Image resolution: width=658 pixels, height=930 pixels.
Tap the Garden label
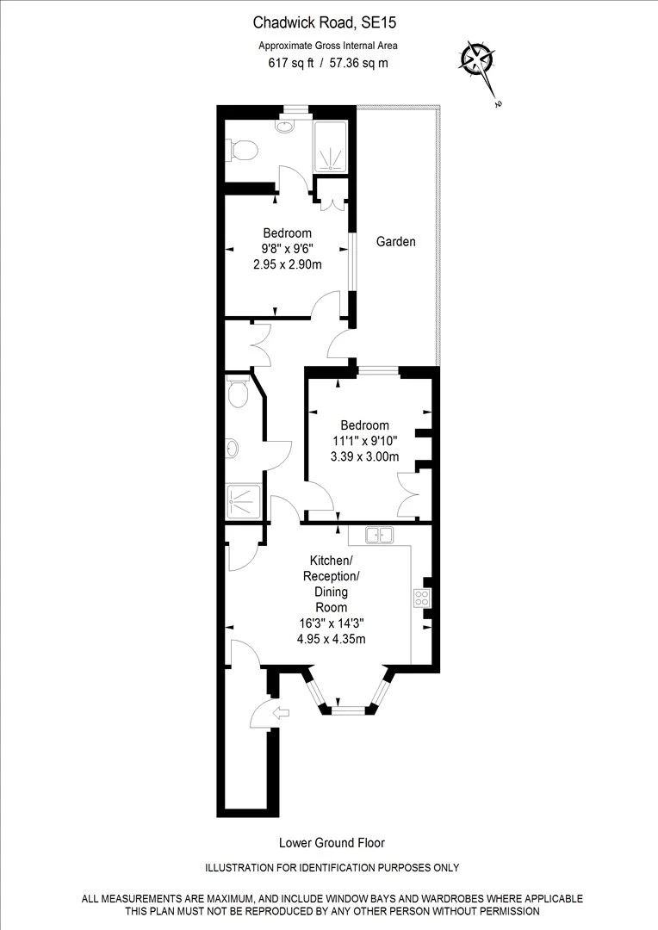tap(395, 242)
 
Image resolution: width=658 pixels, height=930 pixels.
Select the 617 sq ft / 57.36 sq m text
tap(328, 63)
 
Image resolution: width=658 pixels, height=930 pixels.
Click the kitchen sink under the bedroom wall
tap(378, 536)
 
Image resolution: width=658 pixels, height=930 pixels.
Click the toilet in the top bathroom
tap(243, 150)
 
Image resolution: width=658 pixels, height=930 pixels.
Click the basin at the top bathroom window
tap(286, 126)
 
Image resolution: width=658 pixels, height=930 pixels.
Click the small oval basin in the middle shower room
tap(233, 448)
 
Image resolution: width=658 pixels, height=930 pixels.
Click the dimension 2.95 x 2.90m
tap(288, 265)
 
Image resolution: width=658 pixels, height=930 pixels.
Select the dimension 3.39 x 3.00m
tap(364, 457)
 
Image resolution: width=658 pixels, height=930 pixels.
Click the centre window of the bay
tap(349, 710)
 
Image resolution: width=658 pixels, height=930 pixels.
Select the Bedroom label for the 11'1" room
tap(364, 425)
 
